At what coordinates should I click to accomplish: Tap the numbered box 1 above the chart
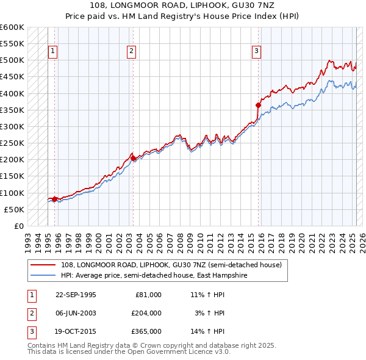[53, 52]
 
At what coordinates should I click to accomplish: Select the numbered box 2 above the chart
[132, 52]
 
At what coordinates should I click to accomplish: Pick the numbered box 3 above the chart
[257, 52]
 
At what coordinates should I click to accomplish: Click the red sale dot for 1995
[55, 199]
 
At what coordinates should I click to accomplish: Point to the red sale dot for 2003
[133, 158]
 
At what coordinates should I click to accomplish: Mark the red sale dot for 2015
[258, 105]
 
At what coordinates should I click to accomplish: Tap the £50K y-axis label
[15, 209]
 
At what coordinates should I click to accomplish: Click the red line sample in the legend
[44, 265]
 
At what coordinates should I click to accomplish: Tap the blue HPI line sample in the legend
[44, 275]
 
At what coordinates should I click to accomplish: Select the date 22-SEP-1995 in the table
[76, 294]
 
